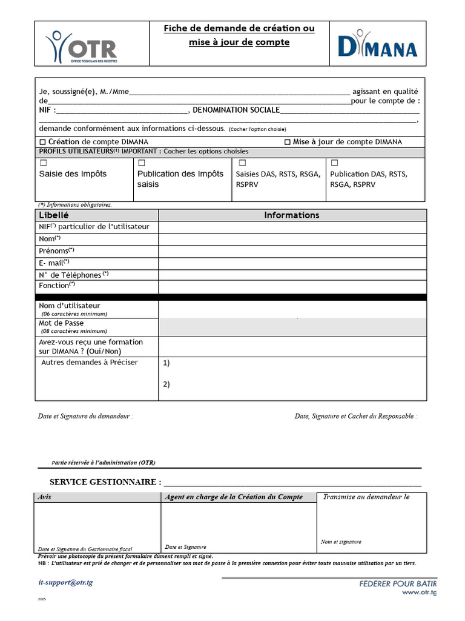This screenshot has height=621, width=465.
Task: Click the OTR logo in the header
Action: (x=81, y=47)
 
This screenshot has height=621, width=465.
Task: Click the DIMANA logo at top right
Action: (x=377, y=44)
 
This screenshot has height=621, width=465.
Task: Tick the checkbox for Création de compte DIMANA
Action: (x=42, y=142)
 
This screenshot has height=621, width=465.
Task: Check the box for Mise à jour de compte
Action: (x=287, y=142)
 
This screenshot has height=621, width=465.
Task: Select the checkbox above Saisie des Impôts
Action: (x=43, y=163)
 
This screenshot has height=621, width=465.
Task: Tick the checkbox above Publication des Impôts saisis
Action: (x=142, y=163)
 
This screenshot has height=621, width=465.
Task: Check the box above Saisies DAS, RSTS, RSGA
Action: (x=242, y=163)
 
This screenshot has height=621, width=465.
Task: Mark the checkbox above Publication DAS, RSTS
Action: (x=334, y=163)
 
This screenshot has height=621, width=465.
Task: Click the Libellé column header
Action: (x=54, y=215)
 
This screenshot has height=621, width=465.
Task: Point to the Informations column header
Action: (x=292, y=215)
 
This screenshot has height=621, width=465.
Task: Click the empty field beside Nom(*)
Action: (x=292, y=239)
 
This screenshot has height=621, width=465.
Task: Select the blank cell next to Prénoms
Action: (x=292, y=251)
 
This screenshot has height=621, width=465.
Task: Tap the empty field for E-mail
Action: (x=292, y=263)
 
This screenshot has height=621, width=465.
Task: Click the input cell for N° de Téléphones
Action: (x=292, y=274)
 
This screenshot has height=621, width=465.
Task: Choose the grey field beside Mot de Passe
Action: (x=292, y=327)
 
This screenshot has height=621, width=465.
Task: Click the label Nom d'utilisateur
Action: (x=70, y=306)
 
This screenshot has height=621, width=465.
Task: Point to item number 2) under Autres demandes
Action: (x=167, y=384)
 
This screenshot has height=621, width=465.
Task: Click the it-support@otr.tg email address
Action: (x=65, y=582)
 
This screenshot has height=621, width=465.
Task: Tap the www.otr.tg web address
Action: (x=419, y=592)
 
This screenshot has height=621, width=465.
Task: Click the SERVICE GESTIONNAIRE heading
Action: (x=105, y=482)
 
